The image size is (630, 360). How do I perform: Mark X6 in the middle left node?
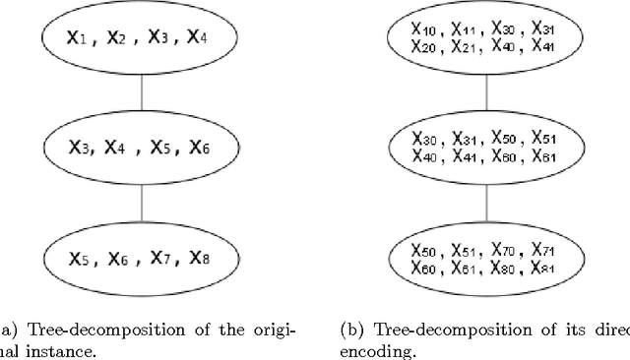[201, 148]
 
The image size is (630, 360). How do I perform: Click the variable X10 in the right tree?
[425, 30]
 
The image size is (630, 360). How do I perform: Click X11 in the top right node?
[469, 30]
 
